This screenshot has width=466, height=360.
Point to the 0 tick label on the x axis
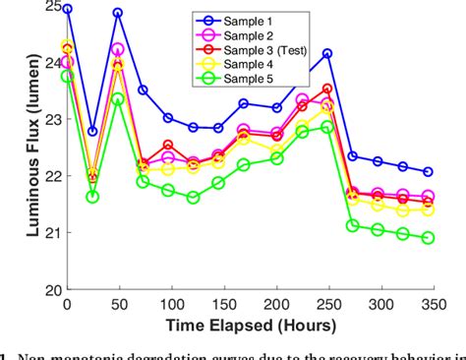pyautogui.click(x=67, y=306)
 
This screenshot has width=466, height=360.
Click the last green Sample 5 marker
pyautogui.click(x=428, y=238)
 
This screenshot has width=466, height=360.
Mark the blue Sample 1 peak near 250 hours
pyautogui.click(x=327, y=53)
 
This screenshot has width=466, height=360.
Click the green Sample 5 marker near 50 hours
pyautogui.click(x=118, y=98)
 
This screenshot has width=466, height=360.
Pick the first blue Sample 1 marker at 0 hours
pyautogui.click(x=67, y=8)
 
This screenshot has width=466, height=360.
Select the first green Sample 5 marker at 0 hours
pyautogui.click(x=67, y=76)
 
